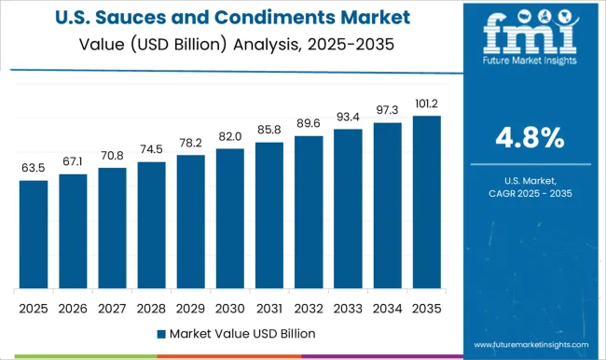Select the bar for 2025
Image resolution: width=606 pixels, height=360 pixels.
click(33, 234)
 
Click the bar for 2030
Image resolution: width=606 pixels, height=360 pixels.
click(229, 218)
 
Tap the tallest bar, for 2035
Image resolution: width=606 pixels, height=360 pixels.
click(426, 201)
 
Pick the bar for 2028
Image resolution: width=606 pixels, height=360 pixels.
click(151, 225)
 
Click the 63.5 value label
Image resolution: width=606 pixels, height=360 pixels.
click(33, 168)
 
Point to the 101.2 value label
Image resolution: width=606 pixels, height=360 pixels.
click(426, 104)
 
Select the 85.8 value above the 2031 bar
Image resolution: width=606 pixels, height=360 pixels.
click(269, 130)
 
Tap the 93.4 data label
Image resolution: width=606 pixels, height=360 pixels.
click(348, 117)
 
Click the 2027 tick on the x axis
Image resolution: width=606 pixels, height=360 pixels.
click(112, 308)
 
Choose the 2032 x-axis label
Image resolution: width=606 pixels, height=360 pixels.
click(309, 308)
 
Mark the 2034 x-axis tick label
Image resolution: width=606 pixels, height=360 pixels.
click(387, 308)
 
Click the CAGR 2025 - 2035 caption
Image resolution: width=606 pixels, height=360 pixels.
click(529, 192)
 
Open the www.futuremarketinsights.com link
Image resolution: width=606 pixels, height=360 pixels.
click(529, 344)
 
